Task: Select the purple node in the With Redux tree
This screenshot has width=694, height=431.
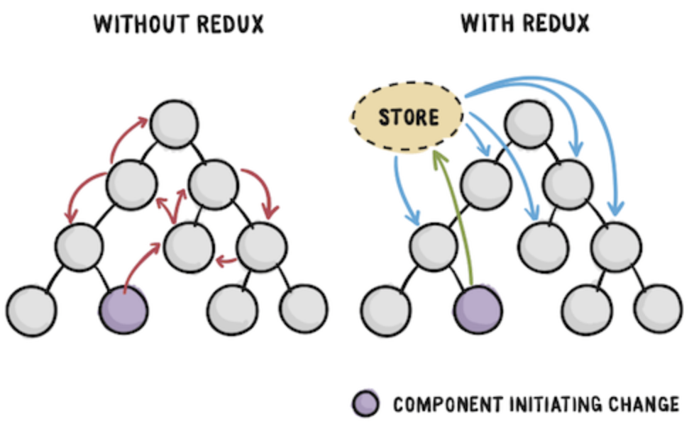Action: click(x=478, y=310)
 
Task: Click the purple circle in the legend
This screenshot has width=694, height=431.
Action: click(x=367, y=404)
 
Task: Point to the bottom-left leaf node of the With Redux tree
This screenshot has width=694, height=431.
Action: click(x=385, y=310)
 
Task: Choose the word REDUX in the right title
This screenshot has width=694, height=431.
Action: click(x=556, y=24)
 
